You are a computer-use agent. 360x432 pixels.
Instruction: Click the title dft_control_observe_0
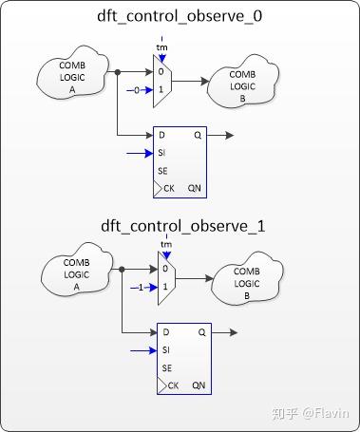pyautogui.click(x=180, y=17)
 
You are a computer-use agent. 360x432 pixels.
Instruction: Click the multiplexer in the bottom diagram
pyautogui.click(x=167, y=278)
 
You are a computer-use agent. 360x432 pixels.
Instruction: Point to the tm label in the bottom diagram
pyautogui.click(x=167, y=244)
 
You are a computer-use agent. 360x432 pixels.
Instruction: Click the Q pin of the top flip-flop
pyautogui.click(x=199, y=135)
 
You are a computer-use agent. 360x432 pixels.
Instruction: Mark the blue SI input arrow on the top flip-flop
pyautogui.click(x=139, y=152)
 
